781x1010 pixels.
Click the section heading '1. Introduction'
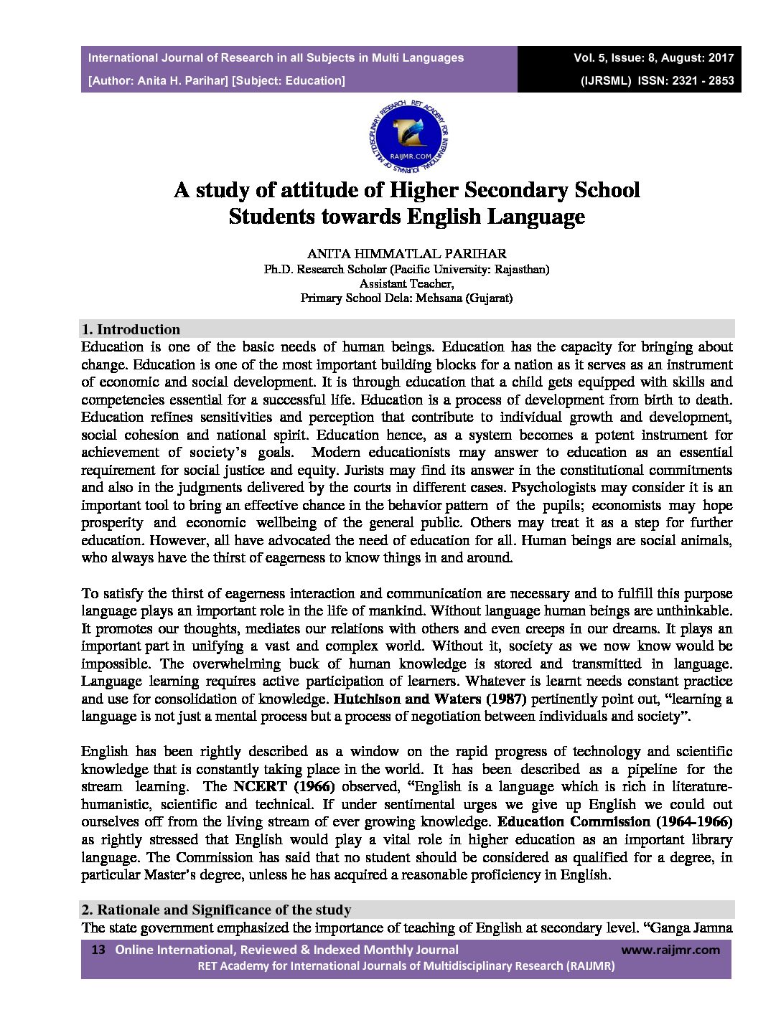point(131,330)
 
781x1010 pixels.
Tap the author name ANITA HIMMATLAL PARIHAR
point(406,253)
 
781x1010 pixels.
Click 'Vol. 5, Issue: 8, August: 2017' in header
point(653,57)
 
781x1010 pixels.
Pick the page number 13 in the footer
point(99,950)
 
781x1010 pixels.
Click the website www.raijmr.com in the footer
point(670,950)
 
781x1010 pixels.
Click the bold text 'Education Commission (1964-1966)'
point(614,821)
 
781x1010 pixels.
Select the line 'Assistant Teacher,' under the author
point(406,283)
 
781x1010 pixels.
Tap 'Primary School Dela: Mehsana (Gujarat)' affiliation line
point(406,298)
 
